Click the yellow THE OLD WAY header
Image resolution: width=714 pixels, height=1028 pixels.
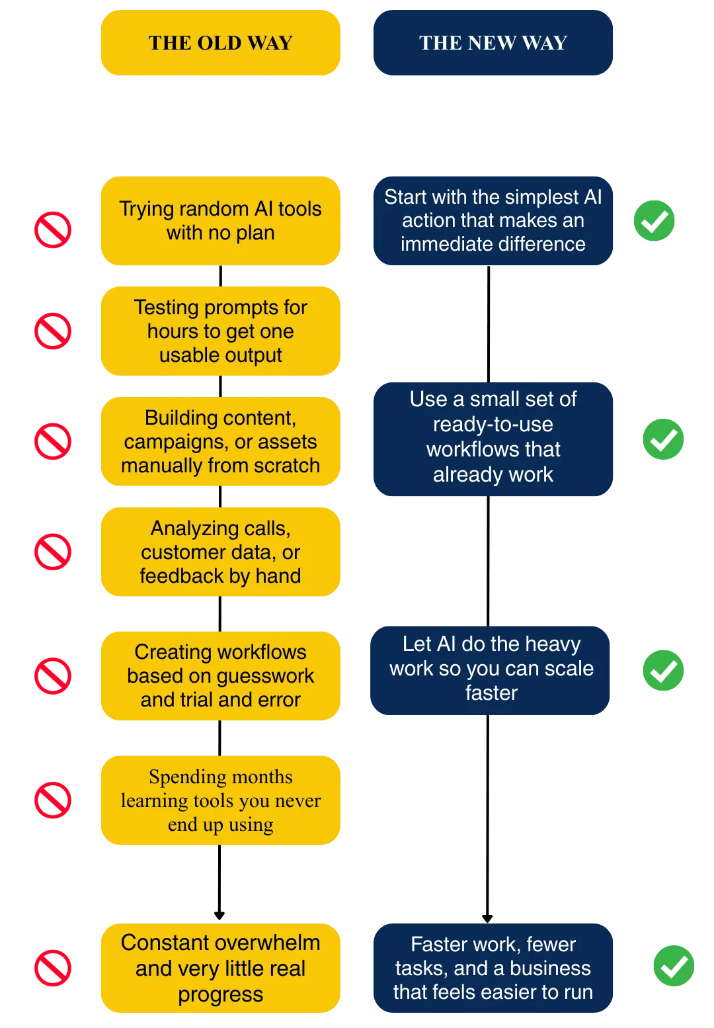tap(221, 43)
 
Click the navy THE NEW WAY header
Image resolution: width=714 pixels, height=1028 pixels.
tap(493, 43)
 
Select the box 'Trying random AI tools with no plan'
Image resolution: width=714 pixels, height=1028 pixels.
tap(221, 221)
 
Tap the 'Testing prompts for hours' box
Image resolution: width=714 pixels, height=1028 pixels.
tap(221, 331)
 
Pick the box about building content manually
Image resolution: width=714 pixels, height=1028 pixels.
tap(221, 441)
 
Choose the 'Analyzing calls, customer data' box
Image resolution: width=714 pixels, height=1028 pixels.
tap(221, 552)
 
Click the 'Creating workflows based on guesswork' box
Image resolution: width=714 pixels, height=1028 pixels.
tap(221, 675)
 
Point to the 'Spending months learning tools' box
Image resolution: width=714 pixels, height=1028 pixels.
tap(221, 800)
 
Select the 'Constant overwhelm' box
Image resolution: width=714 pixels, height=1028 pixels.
tap(221, 968)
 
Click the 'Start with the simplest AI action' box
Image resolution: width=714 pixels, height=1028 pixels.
tap(493, 220)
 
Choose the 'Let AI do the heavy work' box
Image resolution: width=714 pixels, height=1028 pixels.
tap(491, 669)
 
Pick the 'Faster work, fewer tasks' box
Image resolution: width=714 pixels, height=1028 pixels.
tap(493, 968)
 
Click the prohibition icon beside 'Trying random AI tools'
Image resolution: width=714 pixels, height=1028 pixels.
tap(53, 230)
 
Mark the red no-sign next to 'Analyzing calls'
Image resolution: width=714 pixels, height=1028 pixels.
tap(53, 551)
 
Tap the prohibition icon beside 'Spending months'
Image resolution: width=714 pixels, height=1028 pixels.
tap(53, 800)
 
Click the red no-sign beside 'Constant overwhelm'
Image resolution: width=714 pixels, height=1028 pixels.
tap(53, 968)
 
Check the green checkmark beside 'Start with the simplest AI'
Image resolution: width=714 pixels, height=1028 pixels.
tap(654, 220)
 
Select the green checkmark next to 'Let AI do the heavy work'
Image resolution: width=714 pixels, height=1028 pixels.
tap(663, 671)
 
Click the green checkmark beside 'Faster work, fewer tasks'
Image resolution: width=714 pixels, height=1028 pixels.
tap(674, 966)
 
